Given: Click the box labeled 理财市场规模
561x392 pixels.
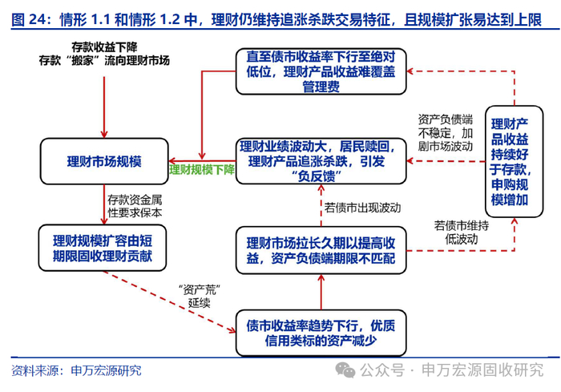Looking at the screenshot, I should pyautogui.click(x=104, y=161).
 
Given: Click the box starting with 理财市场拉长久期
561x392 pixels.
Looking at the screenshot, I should pyautogui.click(x=321, y=249).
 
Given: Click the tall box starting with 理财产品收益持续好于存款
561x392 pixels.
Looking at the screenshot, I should pyautogui.click(x=509, y=160).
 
